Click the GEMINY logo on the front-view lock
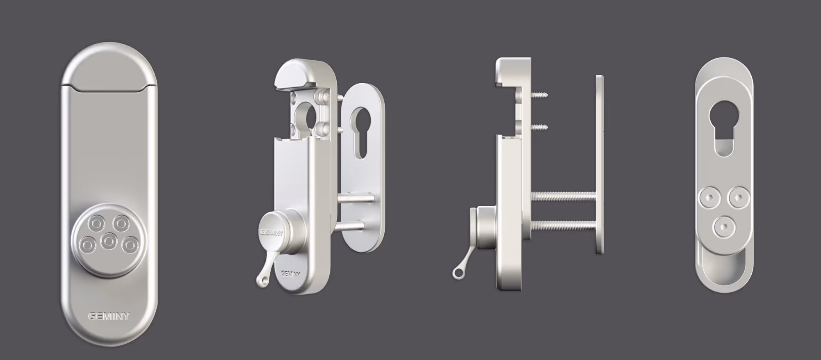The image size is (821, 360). click(109, 316)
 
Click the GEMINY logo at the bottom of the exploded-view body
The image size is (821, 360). click(291, 274)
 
